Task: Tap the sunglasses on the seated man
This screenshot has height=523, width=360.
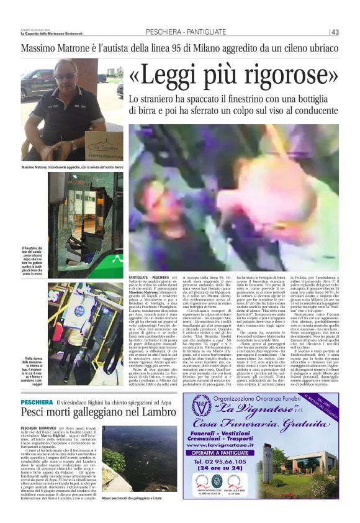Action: [x=65, y=76]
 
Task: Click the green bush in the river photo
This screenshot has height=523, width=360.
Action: [x=119, y=460]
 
